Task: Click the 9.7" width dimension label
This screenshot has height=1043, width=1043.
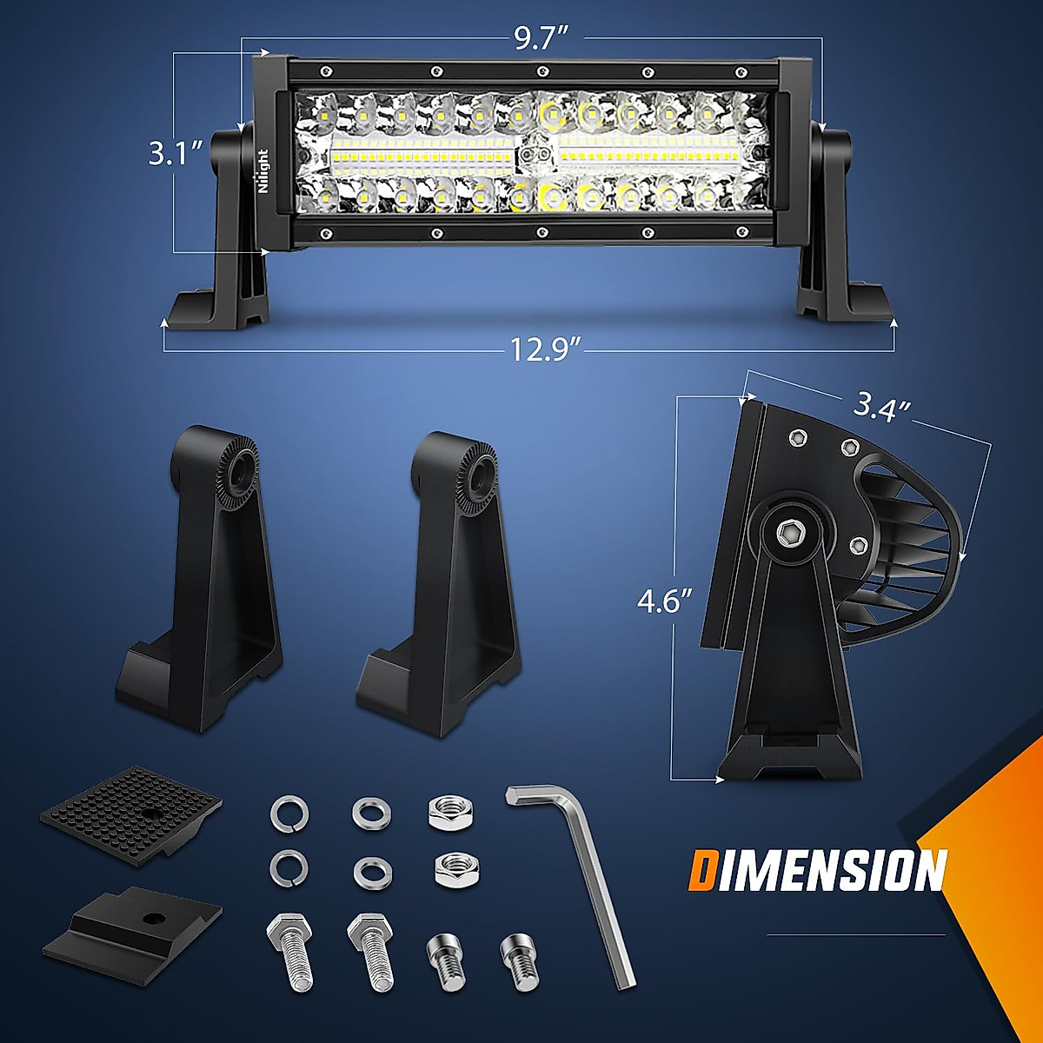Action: pos(541,38)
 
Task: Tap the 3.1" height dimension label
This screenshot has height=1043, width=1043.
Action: pos(175,153)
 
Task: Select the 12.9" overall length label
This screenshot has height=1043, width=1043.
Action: pos(544,350)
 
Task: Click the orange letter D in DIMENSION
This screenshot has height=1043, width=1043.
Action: pos(703,871)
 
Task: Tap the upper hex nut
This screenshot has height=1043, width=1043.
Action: pos(449,814)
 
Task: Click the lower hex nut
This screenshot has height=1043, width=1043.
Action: pos(452,867)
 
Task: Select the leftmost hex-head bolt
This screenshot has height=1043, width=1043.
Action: pos(290,952)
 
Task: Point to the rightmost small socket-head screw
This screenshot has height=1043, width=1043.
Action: pos(519,960)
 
